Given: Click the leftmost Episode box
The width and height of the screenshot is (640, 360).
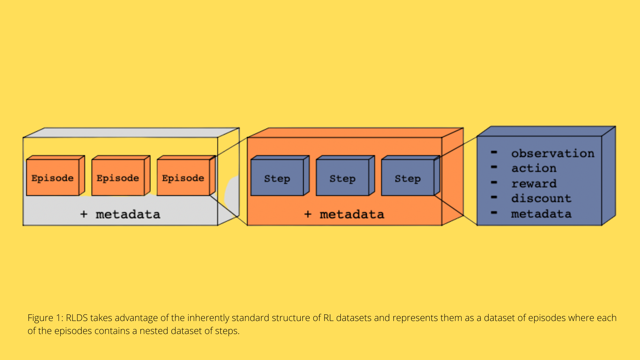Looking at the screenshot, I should (53, 178).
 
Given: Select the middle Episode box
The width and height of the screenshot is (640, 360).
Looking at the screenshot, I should (118, 178).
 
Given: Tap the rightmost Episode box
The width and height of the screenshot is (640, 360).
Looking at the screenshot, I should (183, 178).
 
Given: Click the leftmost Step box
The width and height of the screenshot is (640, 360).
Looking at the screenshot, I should (277, 178).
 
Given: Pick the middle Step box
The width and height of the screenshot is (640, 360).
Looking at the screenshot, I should (342, 178).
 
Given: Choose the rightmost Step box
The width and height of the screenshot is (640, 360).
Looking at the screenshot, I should (408, 178).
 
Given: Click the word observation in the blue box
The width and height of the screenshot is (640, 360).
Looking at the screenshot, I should (553, 153).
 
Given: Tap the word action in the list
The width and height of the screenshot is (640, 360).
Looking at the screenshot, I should (534, 168).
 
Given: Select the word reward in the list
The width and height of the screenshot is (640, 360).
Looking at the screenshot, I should (534, 183).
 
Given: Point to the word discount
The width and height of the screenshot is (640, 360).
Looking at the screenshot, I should (541, 198).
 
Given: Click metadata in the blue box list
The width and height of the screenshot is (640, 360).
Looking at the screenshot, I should (541, 214).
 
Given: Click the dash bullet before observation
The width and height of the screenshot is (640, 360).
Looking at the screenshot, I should (494, 152).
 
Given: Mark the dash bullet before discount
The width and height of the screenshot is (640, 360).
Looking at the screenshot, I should (494, 197).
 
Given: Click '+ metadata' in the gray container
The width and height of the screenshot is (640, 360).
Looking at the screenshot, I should (120, 214).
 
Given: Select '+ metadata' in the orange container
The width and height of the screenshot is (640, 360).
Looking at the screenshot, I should (344, 214).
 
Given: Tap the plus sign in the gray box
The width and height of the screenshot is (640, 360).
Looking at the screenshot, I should (84, 214).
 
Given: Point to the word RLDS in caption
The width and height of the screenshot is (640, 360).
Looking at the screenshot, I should (77, 318).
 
